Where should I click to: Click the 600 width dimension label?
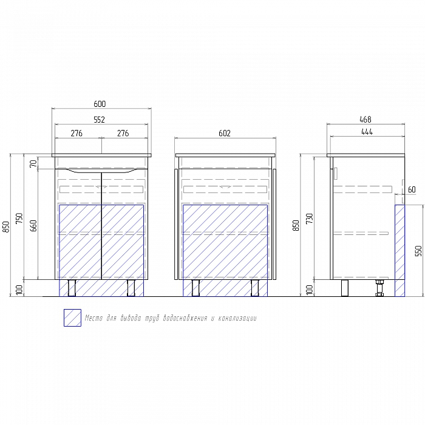[x=100, y=104]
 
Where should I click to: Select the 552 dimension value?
[x=99, y=120]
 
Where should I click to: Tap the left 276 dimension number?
[x=76, y=134]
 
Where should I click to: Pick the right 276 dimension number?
[x=123, y=134]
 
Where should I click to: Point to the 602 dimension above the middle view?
[x=225, y=134]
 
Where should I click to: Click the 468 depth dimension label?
[x=365, y=120]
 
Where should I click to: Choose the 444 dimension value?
[x=367, y=132]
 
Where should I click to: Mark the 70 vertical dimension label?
[x=33, y=163]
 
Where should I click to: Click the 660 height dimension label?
[x=33, y=225]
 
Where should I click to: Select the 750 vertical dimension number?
[x=19, y=219]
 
